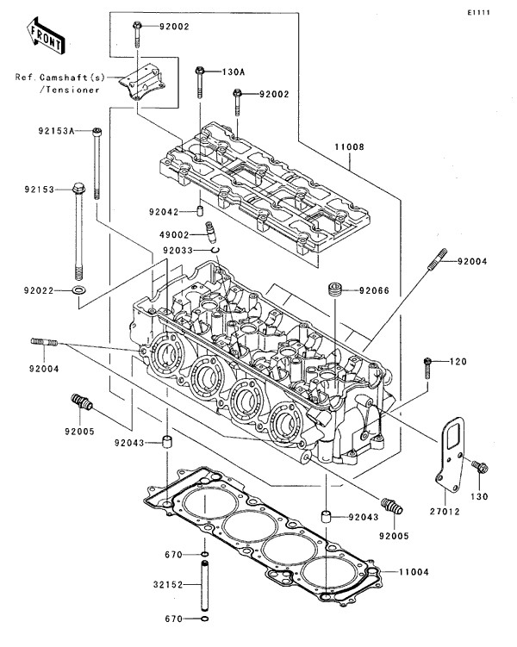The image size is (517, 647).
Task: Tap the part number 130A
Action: tap(233, 72)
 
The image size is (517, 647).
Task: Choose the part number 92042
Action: tap(162, 211)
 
